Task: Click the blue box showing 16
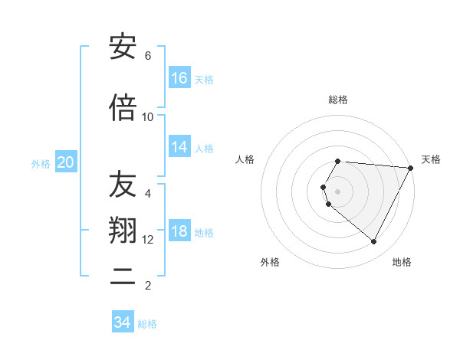point(179,78)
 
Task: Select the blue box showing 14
point(179,148)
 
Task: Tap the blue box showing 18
point(179,232)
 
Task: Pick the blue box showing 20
point(65,162)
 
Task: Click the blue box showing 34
point(123,322)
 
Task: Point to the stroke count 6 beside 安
point(148,56)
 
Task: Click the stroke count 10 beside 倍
point(148,117)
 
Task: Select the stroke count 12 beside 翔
point(148,240)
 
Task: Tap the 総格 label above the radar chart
point(338,100)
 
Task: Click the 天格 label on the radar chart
point(431,159)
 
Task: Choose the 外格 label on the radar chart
point(270,262)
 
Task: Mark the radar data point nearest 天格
point(411,168)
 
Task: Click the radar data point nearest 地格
point(374,242)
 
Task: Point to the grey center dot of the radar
point(338,191)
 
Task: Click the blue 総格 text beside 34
point(147,324)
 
